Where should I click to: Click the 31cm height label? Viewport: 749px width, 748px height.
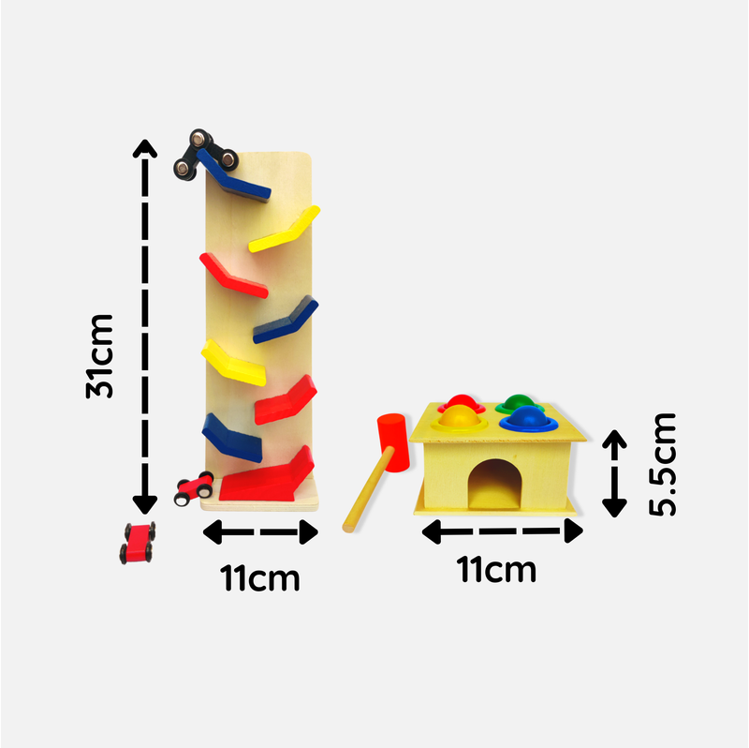coord(100,356)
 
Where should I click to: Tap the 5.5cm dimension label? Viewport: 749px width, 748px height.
coord(663,464)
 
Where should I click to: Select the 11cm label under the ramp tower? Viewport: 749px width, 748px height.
coord(260,578)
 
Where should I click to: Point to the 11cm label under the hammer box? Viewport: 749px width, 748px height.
coord(496,569)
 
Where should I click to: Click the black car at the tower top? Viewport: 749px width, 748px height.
coord(205,154)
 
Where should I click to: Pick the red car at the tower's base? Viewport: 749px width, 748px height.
coord(194,488)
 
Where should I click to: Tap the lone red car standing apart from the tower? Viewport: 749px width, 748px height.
coord(138,543)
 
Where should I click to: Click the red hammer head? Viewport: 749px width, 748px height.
coord(393,442)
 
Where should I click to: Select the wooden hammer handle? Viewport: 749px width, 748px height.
coord(368,489)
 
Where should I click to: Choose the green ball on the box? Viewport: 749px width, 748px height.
coord(520,403)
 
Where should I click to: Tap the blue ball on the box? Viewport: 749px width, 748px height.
coord(528,417)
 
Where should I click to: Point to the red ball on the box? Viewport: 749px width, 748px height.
coord(462,402)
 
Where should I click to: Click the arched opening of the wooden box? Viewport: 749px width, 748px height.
coord(495,484)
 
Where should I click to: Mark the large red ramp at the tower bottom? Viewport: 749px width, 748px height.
coord(267,474)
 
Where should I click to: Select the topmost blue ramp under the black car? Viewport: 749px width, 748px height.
coord(233,175)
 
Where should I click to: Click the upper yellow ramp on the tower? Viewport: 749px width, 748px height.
coord(285,229)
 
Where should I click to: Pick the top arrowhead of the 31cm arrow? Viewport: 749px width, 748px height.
coord(145,148)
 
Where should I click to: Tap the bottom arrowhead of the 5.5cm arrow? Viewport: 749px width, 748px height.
coord(614,508)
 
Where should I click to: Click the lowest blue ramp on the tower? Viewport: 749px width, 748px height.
coord(232,438)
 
